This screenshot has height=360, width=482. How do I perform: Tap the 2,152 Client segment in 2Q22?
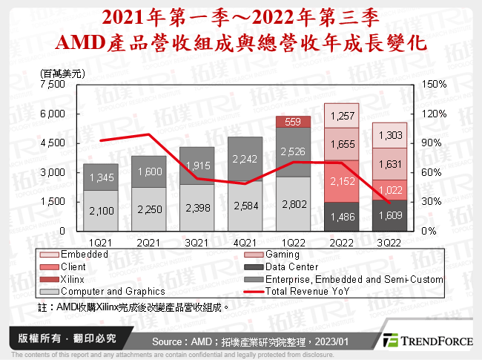[342, 181]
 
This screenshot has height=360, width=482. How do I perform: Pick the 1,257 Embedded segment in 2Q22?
[342, 115]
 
